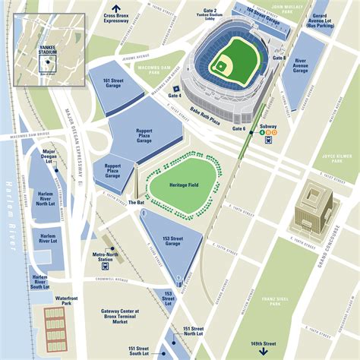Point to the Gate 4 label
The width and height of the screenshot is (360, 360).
point(175,96)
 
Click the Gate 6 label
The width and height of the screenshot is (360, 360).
point(238,129)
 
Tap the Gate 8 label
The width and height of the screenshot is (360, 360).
point(279,58)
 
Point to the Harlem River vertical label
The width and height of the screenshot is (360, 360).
point(11,216)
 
